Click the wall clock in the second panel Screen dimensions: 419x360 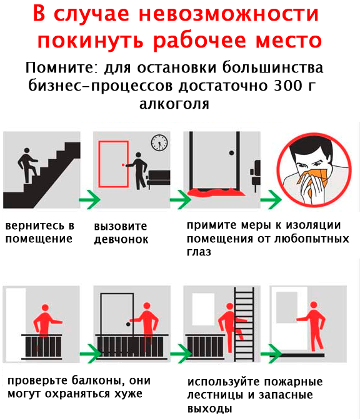coord(159,142)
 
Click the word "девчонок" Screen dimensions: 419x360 coord(121,239)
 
